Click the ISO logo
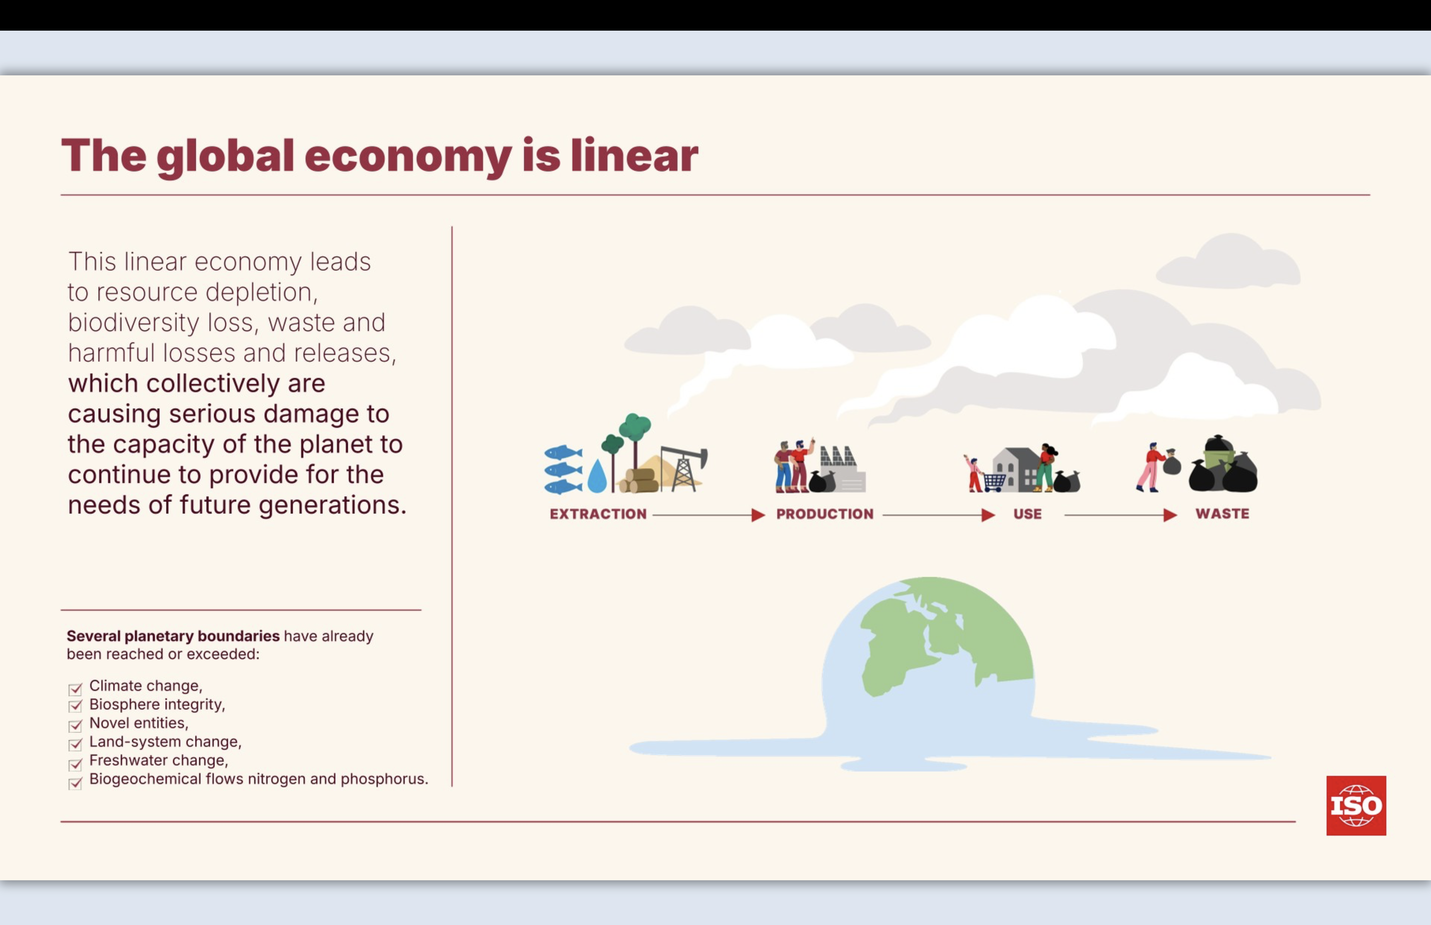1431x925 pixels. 1356,805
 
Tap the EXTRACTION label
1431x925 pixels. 598,514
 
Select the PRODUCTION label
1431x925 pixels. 824,514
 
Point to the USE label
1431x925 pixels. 1027,514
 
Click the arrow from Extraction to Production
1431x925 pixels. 708,515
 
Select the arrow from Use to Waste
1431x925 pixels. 1120,515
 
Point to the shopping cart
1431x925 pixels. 994,482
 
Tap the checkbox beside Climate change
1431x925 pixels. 75,688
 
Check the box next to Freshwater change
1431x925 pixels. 75,764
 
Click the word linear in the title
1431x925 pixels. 634,156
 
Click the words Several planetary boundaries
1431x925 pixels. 173,636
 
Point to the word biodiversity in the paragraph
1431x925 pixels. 133,323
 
